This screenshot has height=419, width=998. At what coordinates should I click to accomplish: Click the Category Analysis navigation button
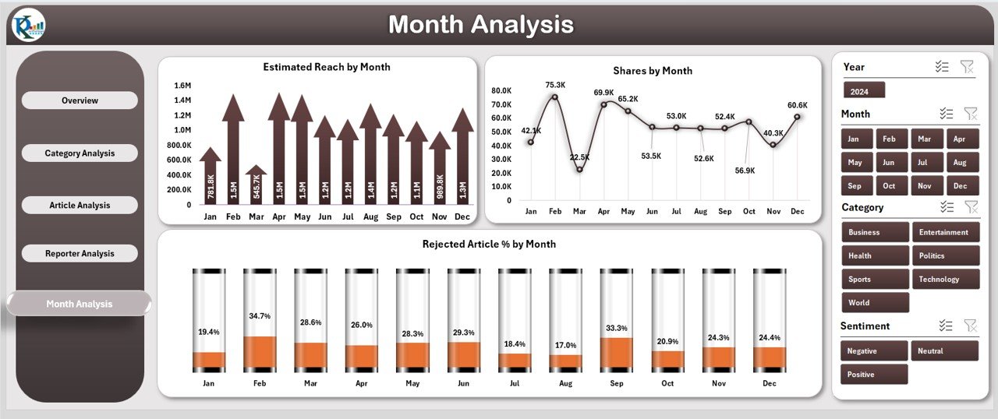click(x=80, y=153)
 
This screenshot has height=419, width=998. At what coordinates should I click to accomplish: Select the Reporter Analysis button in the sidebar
click(x=80, y=254)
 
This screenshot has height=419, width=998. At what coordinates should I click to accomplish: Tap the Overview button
click(x=80, y=100)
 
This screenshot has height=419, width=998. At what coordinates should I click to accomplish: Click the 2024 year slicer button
click(x=864, y=91)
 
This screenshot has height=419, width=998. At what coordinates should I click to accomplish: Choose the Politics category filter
click(x=945, y=255)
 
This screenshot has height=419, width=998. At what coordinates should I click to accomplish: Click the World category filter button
click(x=875, y=303)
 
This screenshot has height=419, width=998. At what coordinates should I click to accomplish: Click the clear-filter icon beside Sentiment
click(x=970, y=326)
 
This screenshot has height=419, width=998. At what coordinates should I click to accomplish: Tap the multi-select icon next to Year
click(x=942, y=67)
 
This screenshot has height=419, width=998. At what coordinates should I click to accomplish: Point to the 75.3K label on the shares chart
click(x=555, y=85)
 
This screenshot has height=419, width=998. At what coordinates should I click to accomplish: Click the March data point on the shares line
click(x=579, y=170)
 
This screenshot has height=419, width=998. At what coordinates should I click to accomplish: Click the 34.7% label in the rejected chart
click(x=260, y=316)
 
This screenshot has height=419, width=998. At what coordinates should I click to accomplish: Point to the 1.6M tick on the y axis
click(x=182, y=86)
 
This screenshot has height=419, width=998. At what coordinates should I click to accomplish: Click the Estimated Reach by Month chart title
click(x=326, y=67)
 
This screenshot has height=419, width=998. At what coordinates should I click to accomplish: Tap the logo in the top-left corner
click(x=29, y=26)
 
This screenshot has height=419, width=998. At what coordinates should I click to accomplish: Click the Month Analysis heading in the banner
click(x=481, y=25)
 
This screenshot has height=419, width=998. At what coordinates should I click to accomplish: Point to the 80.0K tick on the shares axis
click(x=501, y=90)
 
